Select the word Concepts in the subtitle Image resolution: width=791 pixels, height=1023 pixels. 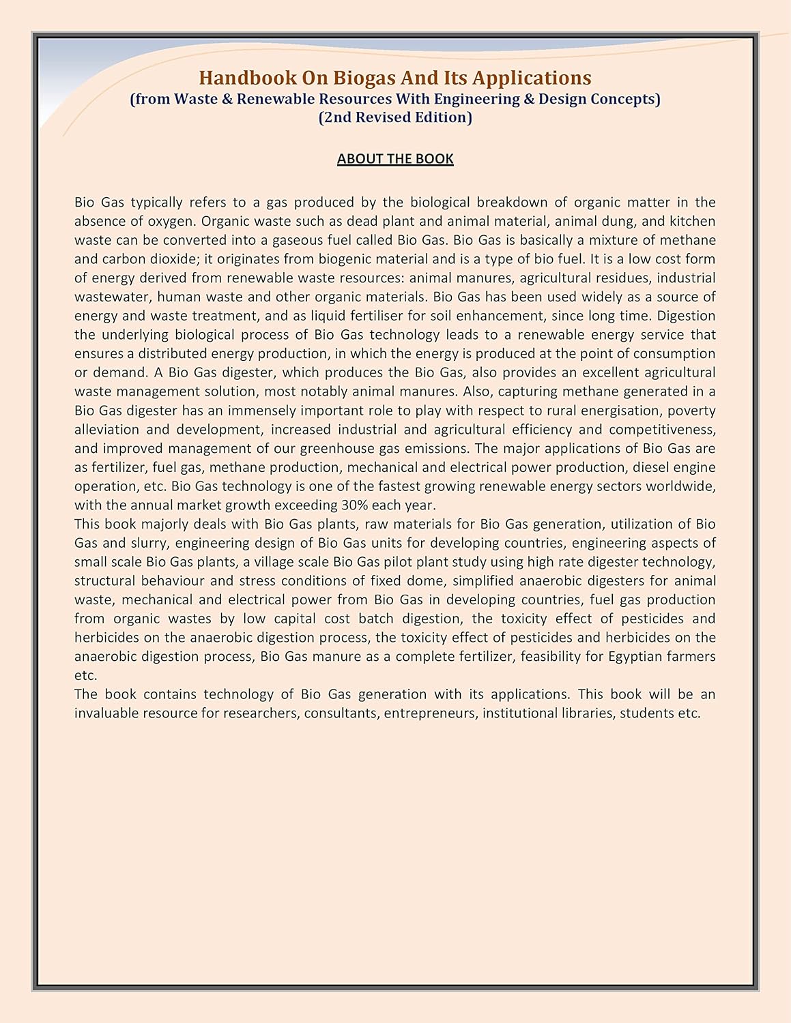point(623,99)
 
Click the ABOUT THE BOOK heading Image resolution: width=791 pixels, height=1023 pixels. point(395,159)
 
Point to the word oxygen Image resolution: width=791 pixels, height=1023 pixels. point(170,221)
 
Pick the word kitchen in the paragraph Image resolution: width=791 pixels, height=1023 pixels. point(693,221)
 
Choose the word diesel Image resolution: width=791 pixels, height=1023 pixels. point(653,467)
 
